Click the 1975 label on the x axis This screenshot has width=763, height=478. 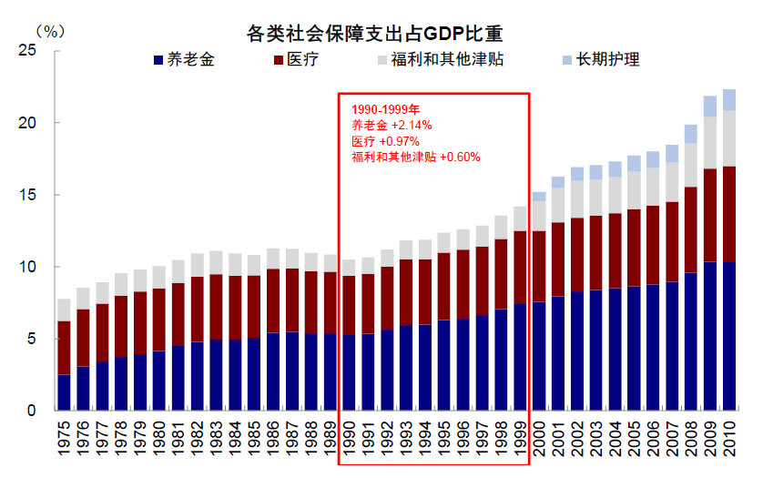click(x=64, y=442)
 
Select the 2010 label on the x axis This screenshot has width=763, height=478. click(x=729, y=442)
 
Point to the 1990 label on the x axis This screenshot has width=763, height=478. click(x=348, y=442)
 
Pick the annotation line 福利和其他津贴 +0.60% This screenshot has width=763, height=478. click(x=415, y=157)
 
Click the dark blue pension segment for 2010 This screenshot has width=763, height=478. click(x=729, y=336)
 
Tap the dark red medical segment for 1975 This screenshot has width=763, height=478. click(x=64, y=347)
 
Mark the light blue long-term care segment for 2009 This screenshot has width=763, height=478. click(x=710, y=106)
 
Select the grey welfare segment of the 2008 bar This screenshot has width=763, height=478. click(x=691, y=164)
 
